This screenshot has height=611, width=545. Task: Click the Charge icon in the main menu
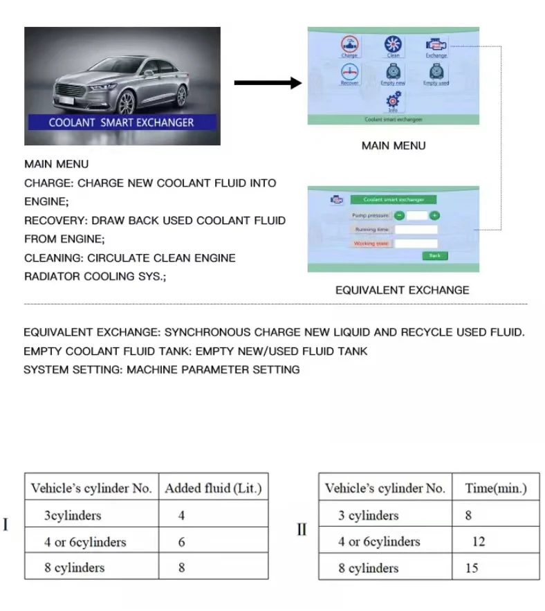click(x=349, y=45)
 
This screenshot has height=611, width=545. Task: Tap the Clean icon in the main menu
click(x=393, y=45)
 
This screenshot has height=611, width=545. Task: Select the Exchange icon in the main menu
click(x=436, y=45)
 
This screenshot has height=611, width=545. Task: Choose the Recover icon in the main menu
click(x=349, y=73)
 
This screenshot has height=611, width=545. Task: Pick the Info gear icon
click(x=393, y=100)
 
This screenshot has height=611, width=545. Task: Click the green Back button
click(x=434, y=255)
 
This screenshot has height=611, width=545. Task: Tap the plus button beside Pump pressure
click(x=434, y=215)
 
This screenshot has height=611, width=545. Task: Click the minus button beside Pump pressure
click(x=400, y=215)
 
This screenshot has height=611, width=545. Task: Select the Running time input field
click(x=416, y=229)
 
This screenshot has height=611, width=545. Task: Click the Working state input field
click(x=416, y=244)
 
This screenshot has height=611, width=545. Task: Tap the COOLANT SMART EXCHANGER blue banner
click(x=122, y=122)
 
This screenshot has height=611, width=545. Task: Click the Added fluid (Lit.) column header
click(x=213, y=489)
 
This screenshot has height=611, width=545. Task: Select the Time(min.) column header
click(x=495, y=489)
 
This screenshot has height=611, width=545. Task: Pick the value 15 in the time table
click(x=472, y=568)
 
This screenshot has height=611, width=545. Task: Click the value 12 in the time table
click(x=479, y=542)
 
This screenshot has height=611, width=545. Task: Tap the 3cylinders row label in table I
click(x=73, y=516)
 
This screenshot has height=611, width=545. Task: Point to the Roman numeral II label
click(x=302, y=529)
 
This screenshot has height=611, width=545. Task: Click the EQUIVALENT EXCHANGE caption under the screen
click(x=402, y=291)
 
